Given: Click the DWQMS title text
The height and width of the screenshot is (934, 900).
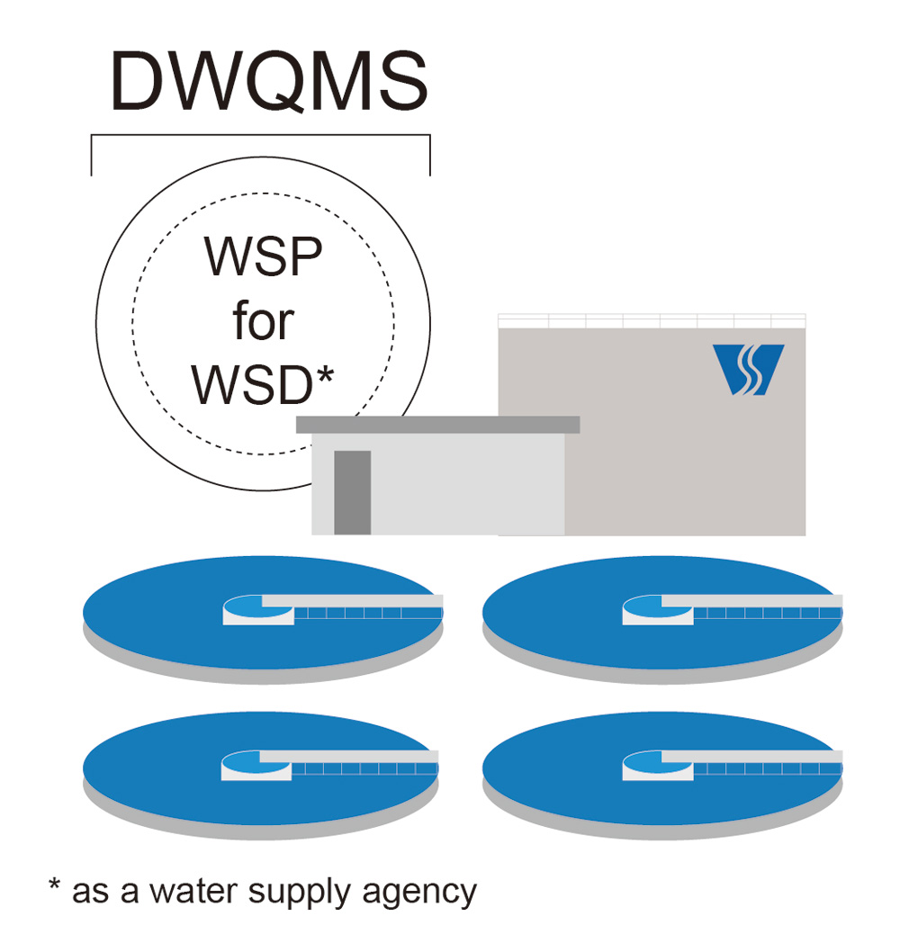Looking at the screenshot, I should click(x=268, y=82).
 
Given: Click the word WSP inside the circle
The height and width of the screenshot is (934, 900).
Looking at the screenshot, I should click(x=263, y=257).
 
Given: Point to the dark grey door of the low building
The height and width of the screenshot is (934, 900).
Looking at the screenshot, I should click(x=352, y=491).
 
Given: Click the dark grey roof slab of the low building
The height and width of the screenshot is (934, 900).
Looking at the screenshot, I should click(x=437, y=424).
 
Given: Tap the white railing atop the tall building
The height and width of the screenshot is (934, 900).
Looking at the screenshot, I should click(x=652, y=320).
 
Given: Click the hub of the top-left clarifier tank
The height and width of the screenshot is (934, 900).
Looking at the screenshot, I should click(x=256, y=609).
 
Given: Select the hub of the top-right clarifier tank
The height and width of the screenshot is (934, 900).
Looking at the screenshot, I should click(x=657, y=609).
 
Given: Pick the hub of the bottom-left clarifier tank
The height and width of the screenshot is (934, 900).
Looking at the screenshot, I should click(x=256, y=765).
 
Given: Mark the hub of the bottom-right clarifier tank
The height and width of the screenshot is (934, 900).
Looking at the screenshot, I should click(x=657, y=765).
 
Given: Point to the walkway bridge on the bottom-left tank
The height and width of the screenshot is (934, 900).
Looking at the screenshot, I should click(x=365, y=763).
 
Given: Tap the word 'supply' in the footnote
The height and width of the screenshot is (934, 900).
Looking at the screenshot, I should click(x=302, y=893).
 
